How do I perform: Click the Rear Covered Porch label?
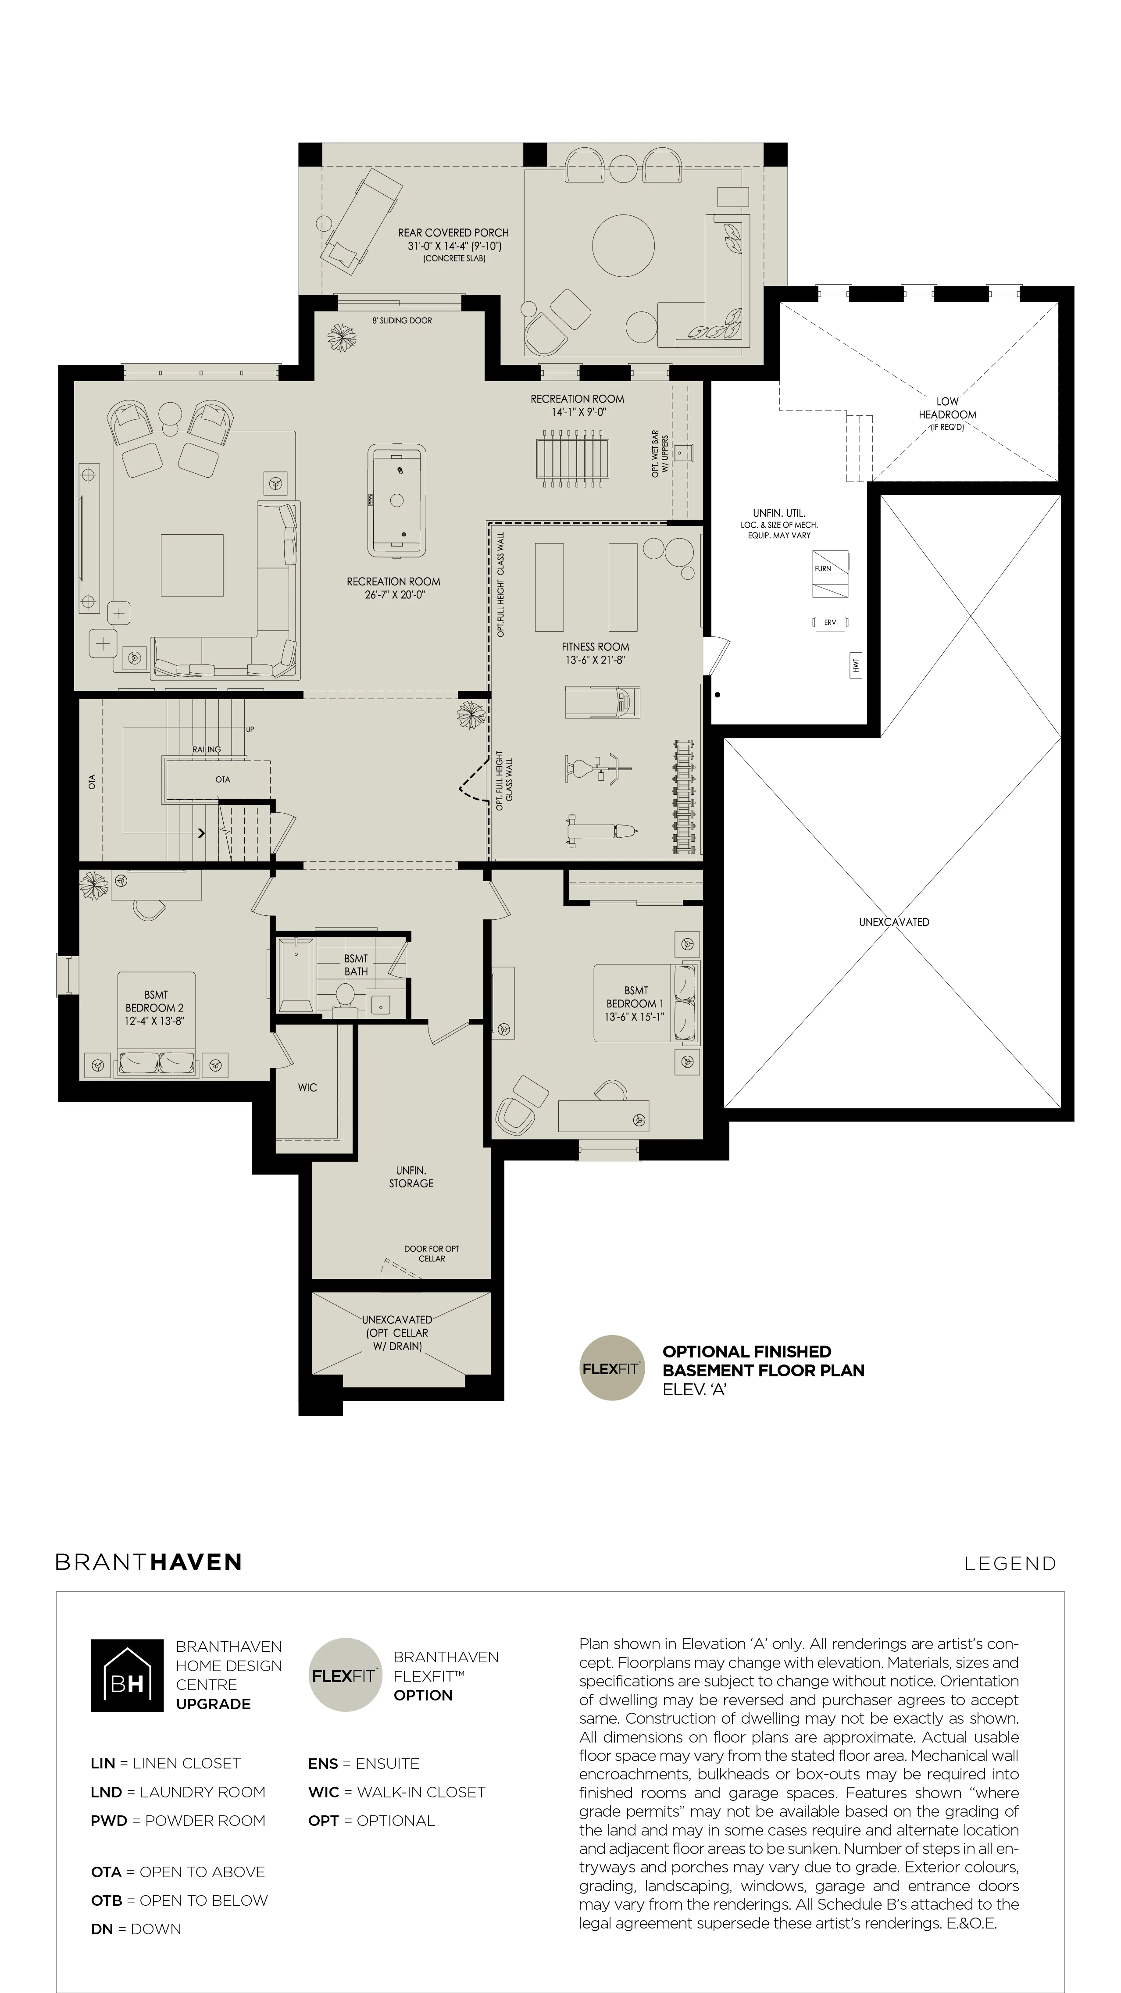point(453,244)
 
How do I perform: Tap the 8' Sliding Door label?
point(402,320)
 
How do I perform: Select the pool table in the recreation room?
point(397,500)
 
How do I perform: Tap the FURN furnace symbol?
point(830,574)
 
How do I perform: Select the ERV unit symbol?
point(830,622)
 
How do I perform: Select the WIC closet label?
point(307,1087)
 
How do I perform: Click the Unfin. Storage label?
point(411,1177)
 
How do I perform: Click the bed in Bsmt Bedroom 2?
point(156,1025)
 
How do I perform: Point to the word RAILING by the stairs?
point(207,749)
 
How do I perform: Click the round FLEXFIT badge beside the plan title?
point(612,1368)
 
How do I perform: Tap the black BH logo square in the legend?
point(127,1675)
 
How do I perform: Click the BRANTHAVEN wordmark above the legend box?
point(149,1562)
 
